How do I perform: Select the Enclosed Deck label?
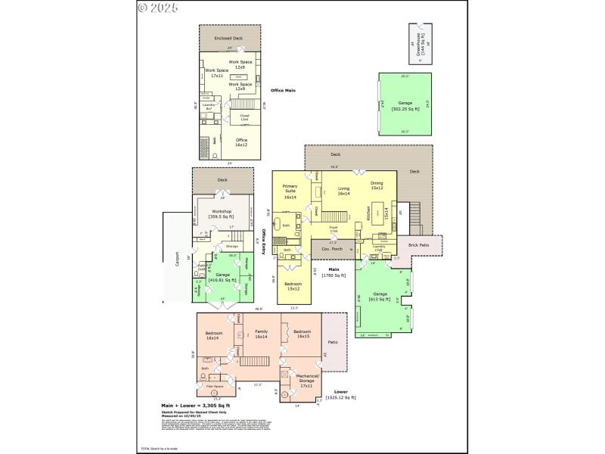coord(228,38)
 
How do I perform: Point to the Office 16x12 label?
coord(240,141)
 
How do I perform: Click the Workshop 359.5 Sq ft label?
coord(222,215)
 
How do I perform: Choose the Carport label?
coord(178,259)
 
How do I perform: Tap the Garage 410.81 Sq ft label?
coord(222,277)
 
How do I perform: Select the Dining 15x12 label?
coord(377,185)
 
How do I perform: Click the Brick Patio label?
coord(418,245)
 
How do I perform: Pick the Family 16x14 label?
coord(261,334)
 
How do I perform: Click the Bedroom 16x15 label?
coord(302,334)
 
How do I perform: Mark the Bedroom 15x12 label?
coord(293,286)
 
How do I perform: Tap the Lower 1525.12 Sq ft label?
coord(340,394)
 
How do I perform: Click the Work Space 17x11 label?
coord(216,73)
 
